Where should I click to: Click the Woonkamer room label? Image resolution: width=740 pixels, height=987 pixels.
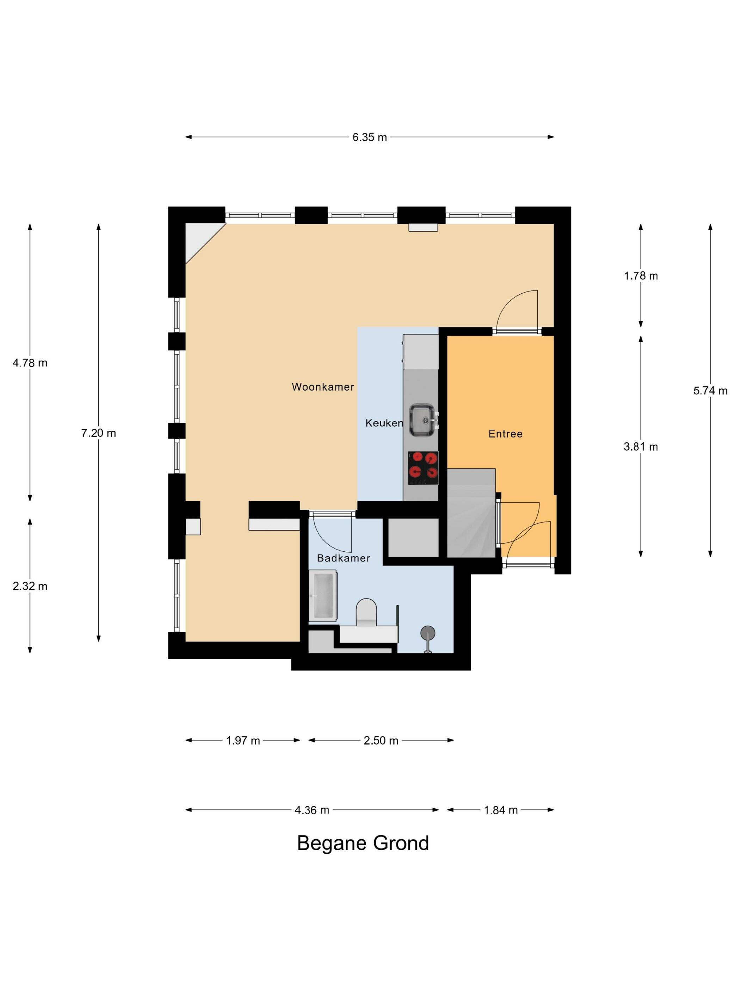322,386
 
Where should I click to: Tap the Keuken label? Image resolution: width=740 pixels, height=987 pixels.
384,423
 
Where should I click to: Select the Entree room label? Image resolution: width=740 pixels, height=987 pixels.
505,433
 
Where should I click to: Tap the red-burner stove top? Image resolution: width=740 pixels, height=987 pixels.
423,468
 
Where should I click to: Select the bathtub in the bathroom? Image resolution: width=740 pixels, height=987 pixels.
322,595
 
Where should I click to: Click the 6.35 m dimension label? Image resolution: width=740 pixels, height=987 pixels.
369,137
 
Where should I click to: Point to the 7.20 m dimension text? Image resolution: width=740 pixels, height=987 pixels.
99,433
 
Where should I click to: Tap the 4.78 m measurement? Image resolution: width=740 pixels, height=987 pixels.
30,362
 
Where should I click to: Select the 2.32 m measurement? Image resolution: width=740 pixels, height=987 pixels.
30,586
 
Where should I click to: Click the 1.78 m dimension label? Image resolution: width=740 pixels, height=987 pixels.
641,275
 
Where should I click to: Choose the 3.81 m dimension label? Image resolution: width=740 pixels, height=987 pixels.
641,446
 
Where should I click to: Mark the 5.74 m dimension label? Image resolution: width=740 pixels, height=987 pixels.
710,391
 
